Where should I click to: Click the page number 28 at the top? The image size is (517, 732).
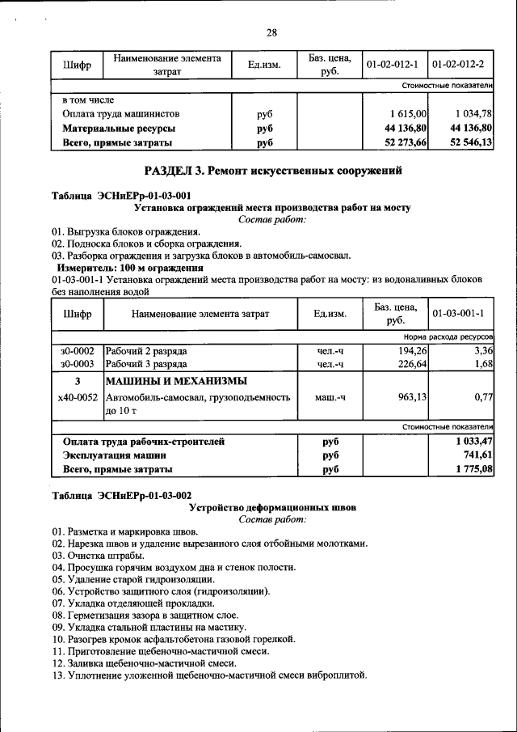coord(271,32)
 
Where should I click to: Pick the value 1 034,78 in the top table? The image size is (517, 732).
coord(473,114)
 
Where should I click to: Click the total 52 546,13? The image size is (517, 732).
coord(472,142)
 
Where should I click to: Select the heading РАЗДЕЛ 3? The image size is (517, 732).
coord(272,171)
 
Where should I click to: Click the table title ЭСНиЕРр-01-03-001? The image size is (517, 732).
coord(122,196)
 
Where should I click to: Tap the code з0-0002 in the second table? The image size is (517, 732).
coord(77,351)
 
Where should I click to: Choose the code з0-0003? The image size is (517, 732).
coord(77,364)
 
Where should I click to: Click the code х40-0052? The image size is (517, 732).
coord(78,397)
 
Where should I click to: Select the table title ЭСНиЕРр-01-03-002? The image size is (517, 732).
coord(122,495)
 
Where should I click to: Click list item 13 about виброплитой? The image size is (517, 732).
coord(209,674)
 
